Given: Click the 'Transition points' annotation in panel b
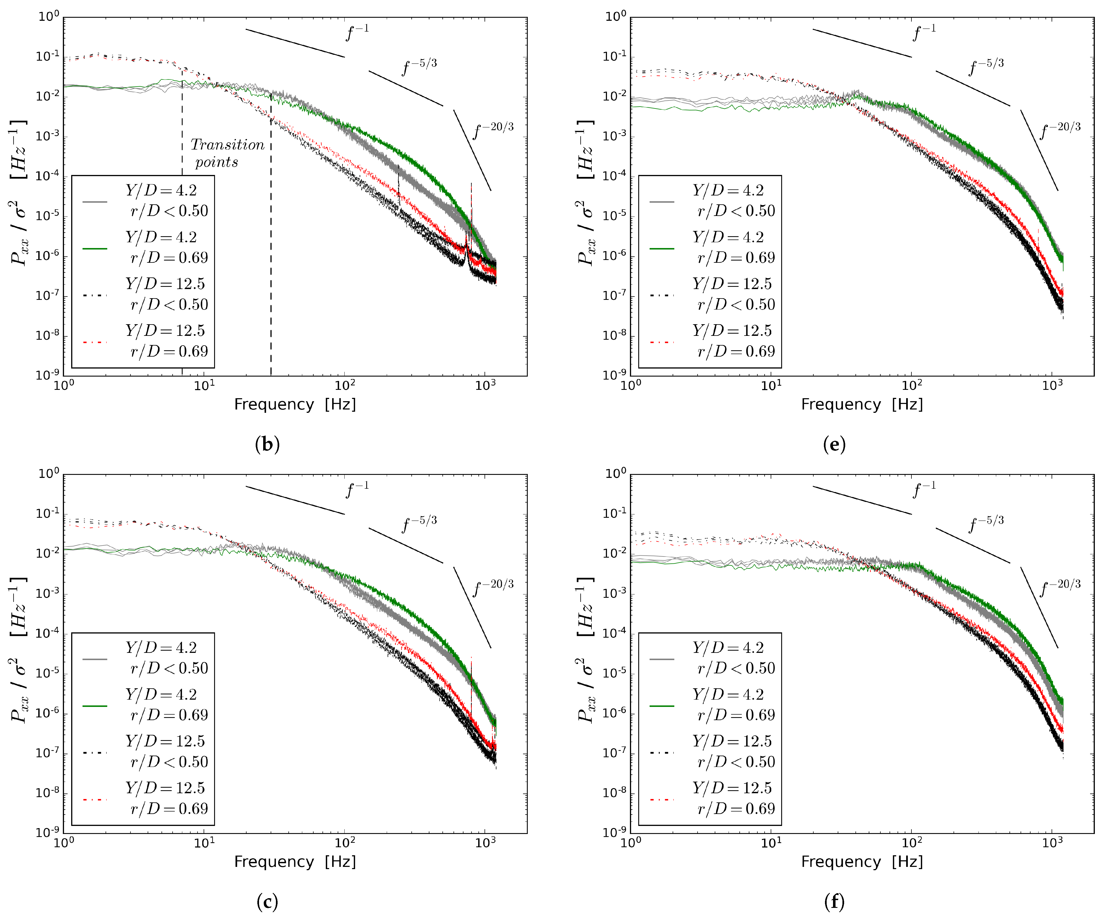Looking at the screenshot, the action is [227, 153].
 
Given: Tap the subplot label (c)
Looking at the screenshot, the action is [267, 902].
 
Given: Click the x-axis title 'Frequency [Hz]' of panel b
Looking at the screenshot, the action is [295, 404].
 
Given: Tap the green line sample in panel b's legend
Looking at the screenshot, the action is [95, 248].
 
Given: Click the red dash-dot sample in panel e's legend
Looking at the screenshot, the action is [662, 342].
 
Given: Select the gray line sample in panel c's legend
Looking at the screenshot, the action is [95, 659].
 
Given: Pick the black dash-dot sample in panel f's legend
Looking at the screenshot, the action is [662, 753].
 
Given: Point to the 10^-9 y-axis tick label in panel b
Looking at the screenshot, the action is [47, 375].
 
